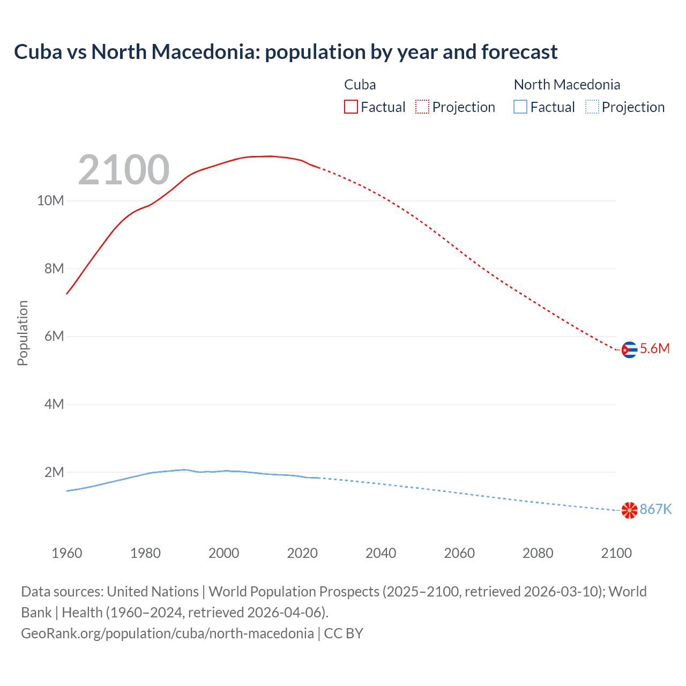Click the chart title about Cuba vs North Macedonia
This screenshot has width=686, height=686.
coord(286,52)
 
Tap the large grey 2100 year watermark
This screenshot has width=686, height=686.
coord(124,170)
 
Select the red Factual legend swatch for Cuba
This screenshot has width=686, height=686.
coord(351,107)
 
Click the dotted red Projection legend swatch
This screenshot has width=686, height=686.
coord(422,107)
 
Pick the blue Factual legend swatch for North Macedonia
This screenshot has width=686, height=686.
coord(520,107)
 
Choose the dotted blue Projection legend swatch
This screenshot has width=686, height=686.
coord(592,107)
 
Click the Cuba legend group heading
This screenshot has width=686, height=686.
coord(360,85)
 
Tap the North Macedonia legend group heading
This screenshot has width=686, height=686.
coord(566,85)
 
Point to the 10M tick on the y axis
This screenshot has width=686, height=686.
coord(50,201)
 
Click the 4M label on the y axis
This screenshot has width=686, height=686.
coord(54,404)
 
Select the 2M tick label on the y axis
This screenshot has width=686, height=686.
coord(54,472)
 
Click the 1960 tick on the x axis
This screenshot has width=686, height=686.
coord(67,553)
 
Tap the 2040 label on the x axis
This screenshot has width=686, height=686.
coord(381,553)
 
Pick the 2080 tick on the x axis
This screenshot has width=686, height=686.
coord(538,553)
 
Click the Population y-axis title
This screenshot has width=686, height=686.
coord(23,333)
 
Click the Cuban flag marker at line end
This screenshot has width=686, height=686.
coord(629,350)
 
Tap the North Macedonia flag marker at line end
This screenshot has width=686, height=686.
coord(629,510)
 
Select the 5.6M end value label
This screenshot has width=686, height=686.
coord(654,348)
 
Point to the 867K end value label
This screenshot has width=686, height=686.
coord(655,509)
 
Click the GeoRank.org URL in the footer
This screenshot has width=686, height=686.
coord(167,633)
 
